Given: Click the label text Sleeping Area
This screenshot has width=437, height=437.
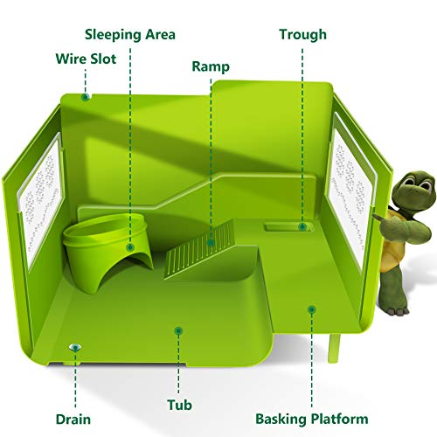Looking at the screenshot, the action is [130, 35].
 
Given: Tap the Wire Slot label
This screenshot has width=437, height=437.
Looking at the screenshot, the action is [86, 59].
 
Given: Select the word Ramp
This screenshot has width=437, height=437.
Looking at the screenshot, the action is [211, 66].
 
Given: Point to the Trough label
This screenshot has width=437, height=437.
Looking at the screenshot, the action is [302, 35].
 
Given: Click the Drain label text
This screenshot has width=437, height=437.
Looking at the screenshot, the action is [73, 420].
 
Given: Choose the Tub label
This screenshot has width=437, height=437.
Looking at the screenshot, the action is [179, 405].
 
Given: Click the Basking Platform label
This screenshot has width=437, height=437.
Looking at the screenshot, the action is [312, 420].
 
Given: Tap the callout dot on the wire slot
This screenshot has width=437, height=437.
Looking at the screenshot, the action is [86, 97].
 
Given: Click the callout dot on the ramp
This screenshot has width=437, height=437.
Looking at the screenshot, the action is [211, 242].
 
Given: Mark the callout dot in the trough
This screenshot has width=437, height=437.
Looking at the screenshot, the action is [302, 226].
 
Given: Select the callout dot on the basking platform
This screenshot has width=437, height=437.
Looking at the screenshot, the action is [312, 309].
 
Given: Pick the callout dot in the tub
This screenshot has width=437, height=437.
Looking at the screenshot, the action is [178, 330].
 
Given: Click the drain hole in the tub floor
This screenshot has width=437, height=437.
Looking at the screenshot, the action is [75, 347].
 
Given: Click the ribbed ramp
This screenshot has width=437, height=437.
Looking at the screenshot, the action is [201, 251].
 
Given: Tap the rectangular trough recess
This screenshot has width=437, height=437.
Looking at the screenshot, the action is [288, 227].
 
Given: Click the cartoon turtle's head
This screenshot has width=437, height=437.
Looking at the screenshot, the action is [413, 187].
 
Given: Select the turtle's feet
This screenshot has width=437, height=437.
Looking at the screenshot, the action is [398, 310].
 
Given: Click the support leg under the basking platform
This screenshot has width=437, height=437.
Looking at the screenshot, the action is [334, 348].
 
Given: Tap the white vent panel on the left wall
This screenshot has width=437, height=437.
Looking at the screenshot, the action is [41, 201].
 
